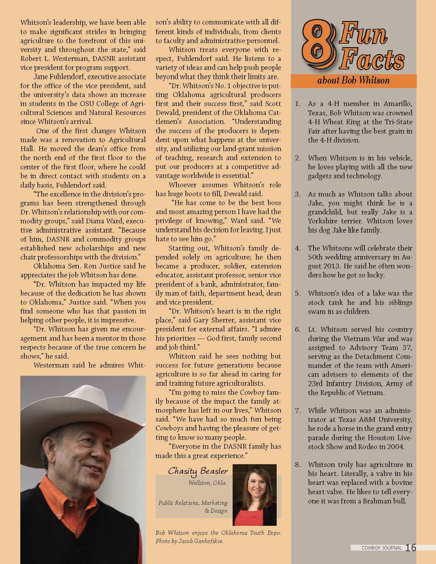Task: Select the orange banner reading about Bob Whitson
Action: pos(353,81)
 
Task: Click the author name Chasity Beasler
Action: pos(195,471)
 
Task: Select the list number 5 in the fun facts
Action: pos(298,294)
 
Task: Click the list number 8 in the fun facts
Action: pos(298,465)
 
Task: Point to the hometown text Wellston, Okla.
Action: pos(208,483)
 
